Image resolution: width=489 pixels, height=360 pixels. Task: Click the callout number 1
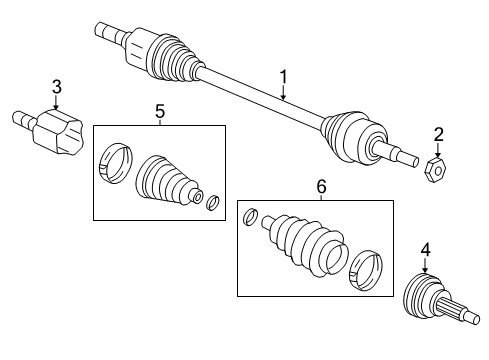(x=284, y=76)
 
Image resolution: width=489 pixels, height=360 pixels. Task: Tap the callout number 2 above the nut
(x=437, y=135)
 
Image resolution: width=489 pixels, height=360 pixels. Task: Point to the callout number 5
(x=160, y=111)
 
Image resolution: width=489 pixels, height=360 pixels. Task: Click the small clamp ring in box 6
(x=253, y=215)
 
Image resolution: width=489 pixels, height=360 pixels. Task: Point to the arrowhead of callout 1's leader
(x=284, y=101)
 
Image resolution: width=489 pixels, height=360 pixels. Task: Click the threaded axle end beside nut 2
(x=405, y=156)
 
